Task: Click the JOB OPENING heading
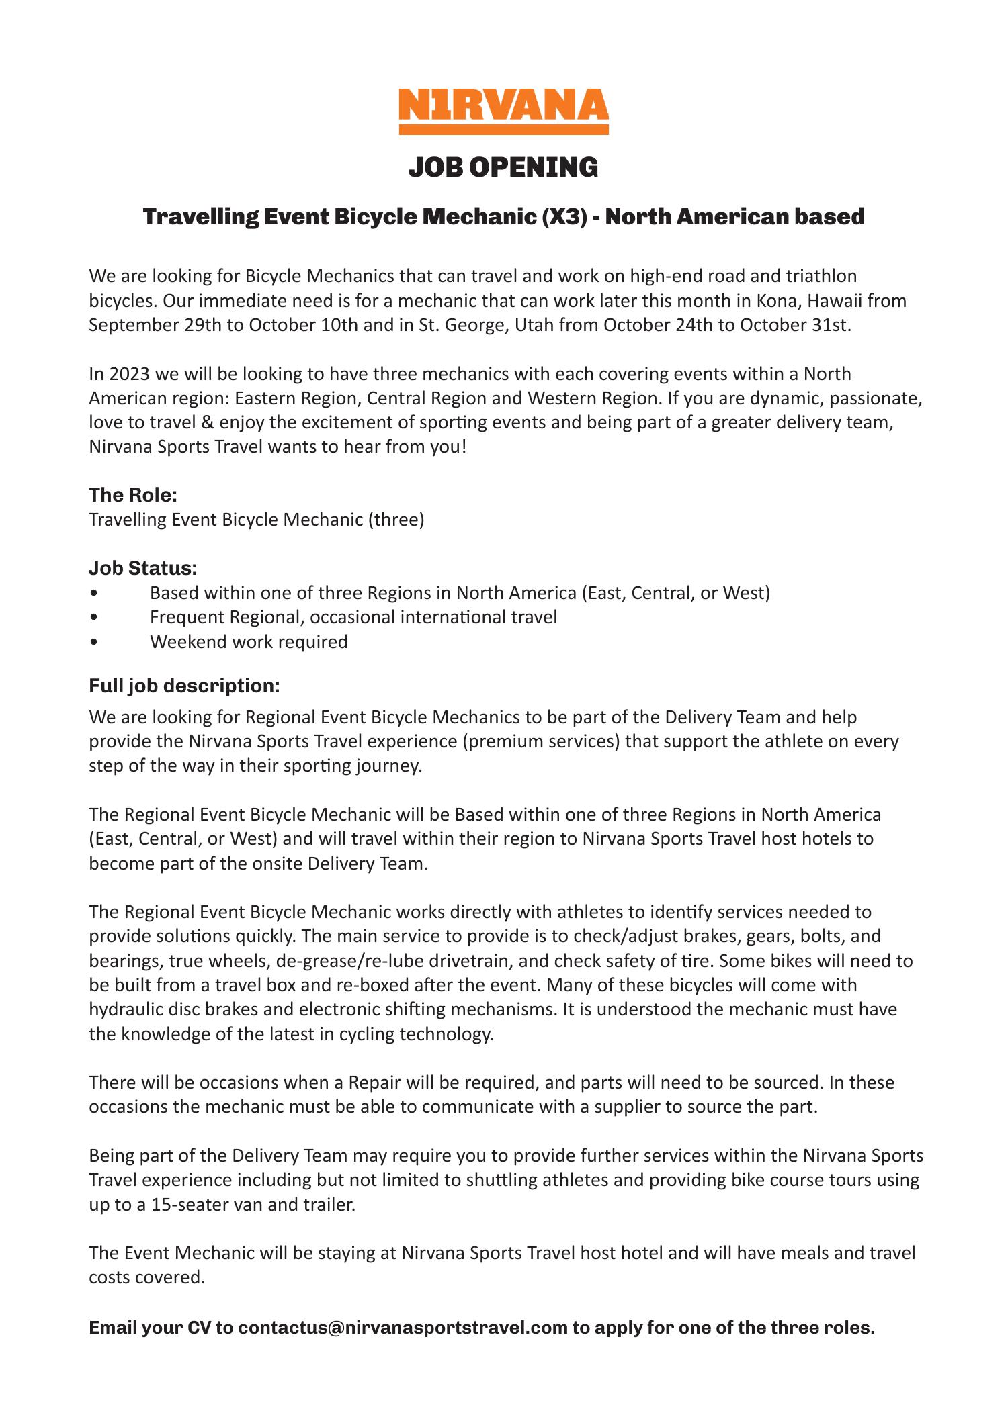coord(503,167)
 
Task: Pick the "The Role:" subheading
coord(133,496)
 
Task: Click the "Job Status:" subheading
coord(143,568)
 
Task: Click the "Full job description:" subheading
coord(184,686)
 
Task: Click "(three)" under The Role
coord(396,520)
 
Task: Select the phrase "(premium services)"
coord(521,741)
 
